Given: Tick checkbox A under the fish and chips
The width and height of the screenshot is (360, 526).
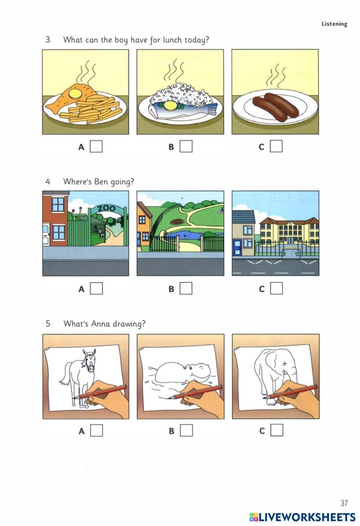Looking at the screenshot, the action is (96, 146).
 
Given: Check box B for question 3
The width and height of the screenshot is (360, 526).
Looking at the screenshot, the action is (186, 146).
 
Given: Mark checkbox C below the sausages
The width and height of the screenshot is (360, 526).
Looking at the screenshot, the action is (276, 146).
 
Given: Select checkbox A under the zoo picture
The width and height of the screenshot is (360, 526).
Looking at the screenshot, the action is (96, 288).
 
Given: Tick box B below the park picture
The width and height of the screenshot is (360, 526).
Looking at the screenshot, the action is (186, 288).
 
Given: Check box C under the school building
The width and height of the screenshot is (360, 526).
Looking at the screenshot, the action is (276, 288).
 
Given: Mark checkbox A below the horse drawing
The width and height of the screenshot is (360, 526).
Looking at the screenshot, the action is (96, 430).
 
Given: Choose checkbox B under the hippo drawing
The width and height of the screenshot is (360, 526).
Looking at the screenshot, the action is (186, 430).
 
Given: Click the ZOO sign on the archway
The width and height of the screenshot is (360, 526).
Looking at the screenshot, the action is (107, 208).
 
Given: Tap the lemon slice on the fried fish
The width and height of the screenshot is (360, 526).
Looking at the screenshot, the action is (75, 94).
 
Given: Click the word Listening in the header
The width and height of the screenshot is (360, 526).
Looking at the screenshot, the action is (334, 24).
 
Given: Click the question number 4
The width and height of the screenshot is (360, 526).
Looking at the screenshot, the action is (48, 182).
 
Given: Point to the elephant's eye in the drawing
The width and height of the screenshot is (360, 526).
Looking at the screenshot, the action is (284, 364).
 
